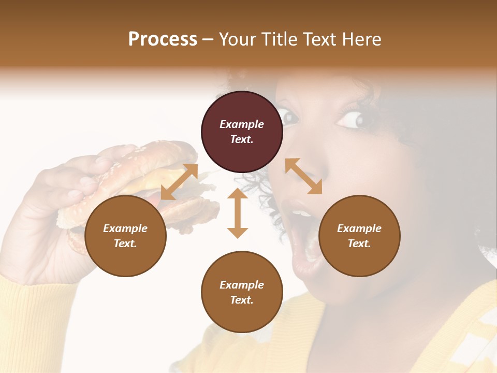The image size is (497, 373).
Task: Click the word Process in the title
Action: [163, 39]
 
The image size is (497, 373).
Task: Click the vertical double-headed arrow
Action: [238, 213]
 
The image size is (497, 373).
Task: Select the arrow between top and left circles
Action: [179, 181]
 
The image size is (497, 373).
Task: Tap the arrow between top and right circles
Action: [303, 176]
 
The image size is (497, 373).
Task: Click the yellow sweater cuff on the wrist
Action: [31, 306]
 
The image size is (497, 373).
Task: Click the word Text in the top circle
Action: [242, 139]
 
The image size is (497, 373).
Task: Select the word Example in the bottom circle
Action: [242, 285]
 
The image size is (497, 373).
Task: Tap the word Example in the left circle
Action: [125, 228]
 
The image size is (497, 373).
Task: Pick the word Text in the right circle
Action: [359, 243]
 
